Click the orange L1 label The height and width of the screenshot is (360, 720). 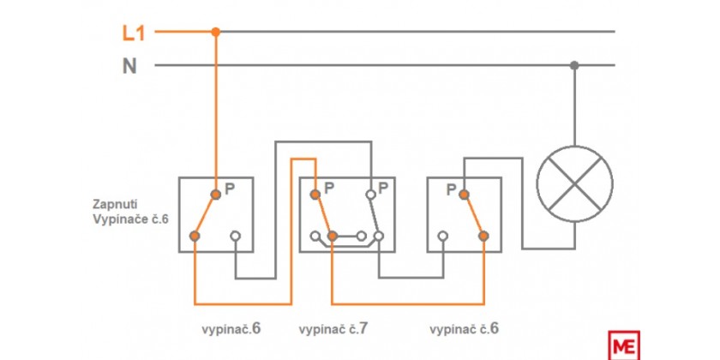click(134, 33)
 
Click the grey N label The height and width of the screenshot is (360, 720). click(129, 67)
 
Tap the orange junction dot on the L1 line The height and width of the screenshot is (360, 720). click(216, 32)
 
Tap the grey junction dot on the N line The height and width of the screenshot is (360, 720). click(574, 65)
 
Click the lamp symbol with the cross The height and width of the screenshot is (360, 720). click(574, 184)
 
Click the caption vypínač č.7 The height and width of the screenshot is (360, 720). click(333, 329)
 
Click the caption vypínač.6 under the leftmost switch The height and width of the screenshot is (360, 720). click(231, 329)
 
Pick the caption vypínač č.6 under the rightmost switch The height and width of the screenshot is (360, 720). click(465, 329)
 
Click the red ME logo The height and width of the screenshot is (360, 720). click(624, 345)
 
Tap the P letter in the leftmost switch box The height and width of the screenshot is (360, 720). click(230, 189)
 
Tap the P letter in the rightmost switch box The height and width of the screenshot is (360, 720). click(452, 189)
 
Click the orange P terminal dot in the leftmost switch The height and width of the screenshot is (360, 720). click(216, 195)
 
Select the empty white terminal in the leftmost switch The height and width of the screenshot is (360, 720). click(236, 236)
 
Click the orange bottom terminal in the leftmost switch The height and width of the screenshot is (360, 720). click(195, 236)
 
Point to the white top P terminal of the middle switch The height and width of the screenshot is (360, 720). click(371, 195)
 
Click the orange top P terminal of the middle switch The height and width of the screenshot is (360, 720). click(315, 195)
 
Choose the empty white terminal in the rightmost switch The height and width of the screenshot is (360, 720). click(442, 236)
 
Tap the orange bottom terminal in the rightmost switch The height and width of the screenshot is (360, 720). click(483, 236)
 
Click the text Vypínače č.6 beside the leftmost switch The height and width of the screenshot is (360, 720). click(131, 219)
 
